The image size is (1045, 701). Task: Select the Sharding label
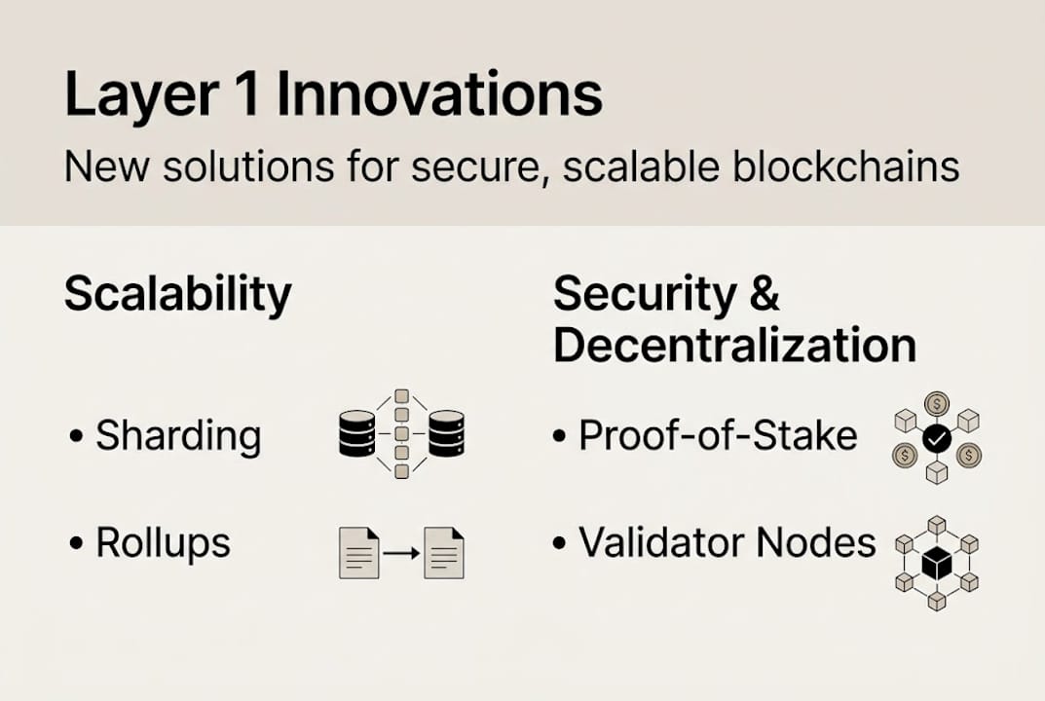[x=178, y=436]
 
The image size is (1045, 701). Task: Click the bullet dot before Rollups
[x=76, y=543]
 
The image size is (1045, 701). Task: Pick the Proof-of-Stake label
[x=718, y=435]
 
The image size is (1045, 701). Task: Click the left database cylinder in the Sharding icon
[x=356, y=434]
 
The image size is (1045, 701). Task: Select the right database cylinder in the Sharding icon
[x=446, y=434]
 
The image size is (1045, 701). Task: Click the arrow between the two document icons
[x=401, y=553]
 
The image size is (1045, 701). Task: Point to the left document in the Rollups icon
[x=358, y=553]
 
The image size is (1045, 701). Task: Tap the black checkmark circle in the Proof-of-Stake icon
[x=936, y=440]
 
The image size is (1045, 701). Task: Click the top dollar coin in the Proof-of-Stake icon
[x=937, y=403]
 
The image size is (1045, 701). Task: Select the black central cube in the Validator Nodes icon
[x=936, y=564]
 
